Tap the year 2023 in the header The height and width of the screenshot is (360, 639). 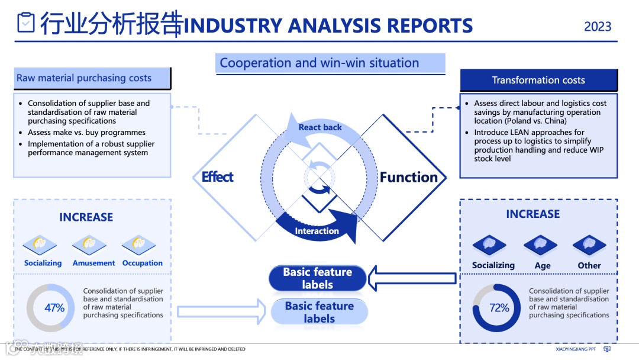(x=598, y=27)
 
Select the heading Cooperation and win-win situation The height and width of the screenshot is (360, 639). (x=319, y=63)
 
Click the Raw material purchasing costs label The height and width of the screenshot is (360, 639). (x=84, y=78)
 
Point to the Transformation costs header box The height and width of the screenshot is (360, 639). (x=538, y=81)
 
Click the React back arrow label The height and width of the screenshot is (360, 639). (x=320, y=127)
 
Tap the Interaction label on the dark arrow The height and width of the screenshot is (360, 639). (x=317, y=231)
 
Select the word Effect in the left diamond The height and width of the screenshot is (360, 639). (x=217, y=177)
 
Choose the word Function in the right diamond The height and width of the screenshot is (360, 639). (x=408, y=177)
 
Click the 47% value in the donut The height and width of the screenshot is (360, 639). (x=54, y=308)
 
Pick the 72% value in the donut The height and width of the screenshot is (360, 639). (x=499, y=308)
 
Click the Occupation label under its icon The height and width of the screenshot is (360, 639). (x=142, y=263)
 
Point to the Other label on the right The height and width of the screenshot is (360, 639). (x=589, y=266)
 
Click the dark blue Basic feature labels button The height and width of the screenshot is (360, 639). (x=318, y=278)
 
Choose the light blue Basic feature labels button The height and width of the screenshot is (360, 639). (x=319, y=312)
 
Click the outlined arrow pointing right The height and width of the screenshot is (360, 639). (x=222, y=311)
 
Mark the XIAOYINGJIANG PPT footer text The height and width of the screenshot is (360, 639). (x=576, y=349)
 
